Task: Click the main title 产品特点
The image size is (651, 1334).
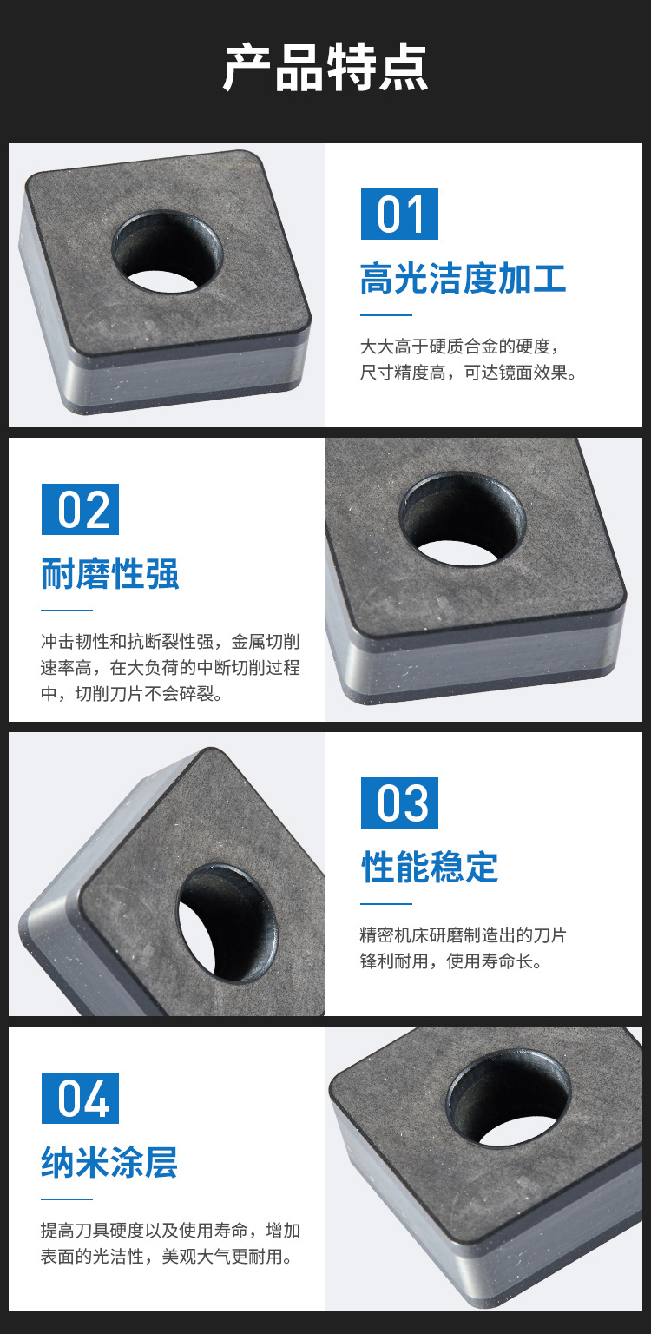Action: pyautogui.click(x=325, y=67)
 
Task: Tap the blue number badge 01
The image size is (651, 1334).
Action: pyautogui.click(x=399, y=214)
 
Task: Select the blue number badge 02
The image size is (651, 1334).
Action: pyautogui.click(x=80, y=509)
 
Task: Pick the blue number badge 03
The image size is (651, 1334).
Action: pyautogui.click(x=399, y=802)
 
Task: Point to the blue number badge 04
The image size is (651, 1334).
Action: pyautogui.click(x=80, y=1098)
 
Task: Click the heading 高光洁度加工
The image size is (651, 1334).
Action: pyautogui.click(x=463, y=278)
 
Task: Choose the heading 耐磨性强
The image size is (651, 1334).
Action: pyautogui.click(x=110, y=573)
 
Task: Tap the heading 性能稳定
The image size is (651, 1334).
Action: pyautogui.click(x=430, y=867)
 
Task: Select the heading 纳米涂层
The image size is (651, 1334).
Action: pyautogui.click(x=109, y=1162)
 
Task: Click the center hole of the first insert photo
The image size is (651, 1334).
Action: pyautogui.click(x=168, y=253)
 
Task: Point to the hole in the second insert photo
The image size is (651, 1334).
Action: pyautogui.click(x=462, y=518)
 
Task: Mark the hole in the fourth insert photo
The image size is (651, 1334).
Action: pyautogui.click(x=509, y=1098)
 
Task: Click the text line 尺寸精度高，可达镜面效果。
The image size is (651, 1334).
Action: pyautogui.click(x=469, y=373)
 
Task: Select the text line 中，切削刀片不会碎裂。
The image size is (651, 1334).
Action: pyautogui.click(x=132, y=694)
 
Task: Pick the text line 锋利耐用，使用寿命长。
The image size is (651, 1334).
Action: pyautogui.click(x=451, y=961)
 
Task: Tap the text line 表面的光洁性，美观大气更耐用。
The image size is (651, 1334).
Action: pyautogui.click(x=167, y=1257)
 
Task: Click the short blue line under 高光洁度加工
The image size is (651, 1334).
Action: pyautogui.click(x=386, y=315)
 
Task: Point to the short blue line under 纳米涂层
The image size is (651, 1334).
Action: pyautogui.click(x=67, y=1199)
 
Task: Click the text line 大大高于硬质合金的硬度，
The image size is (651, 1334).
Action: pyautogui.click(x=460, y=346)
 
